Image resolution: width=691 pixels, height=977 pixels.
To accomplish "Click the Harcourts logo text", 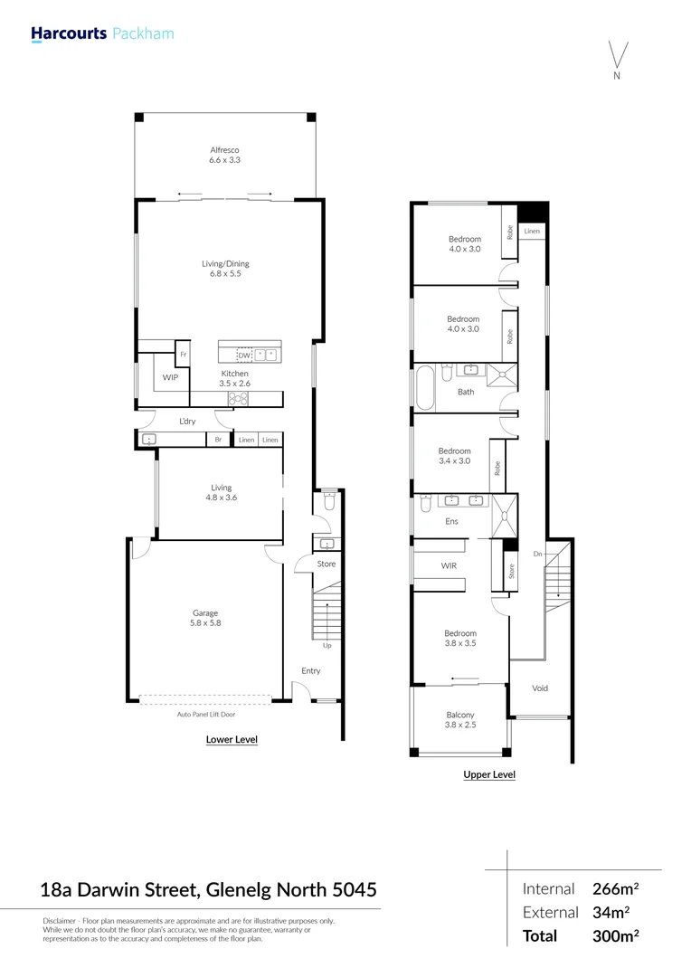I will click(x=69, y=34).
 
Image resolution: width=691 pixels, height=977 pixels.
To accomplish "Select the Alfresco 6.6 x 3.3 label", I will click(x=224, y=155).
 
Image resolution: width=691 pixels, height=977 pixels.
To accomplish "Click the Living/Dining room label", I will click(x=224, y=268).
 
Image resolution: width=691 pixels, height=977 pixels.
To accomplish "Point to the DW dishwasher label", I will click(x=243, y=356).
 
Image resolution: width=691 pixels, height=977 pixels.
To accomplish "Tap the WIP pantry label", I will click(x=170, y=377).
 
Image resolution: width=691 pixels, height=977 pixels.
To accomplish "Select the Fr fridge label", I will click(x=183, y=355).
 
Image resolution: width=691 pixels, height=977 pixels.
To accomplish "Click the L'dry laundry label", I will click(x=187, y=422).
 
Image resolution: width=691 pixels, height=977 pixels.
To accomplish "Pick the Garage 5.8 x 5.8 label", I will click(x=204, y=618).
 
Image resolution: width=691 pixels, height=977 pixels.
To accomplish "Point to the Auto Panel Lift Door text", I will click(x=204, y=714).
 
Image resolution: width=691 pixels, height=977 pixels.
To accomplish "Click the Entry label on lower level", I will click(x=311, y=670).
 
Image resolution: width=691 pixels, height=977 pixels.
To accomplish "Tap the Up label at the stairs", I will click(x=327, y=646).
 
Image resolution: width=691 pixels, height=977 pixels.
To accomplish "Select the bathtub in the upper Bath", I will click(x=425, y=384).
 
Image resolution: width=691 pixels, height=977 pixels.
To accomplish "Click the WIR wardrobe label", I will click(x=449, y=566).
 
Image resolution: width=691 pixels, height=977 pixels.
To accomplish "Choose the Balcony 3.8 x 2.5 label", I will click(x=459, y=720).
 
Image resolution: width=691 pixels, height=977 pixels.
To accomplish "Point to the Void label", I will click(x=539, y=688).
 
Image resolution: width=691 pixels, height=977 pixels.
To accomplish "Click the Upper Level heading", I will click(x=488, y=774).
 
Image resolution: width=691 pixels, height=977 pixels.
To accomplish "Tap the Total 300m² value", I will click(x=615, y=935).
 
